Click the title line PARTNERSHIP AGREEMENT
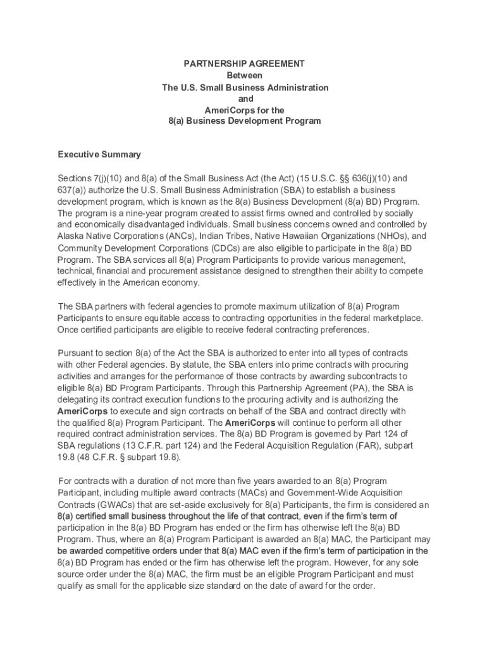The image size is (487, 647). pyautogui.click(x=244, y=64)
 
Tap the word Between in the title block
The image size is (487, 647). pyautogui.click(x=244, y=75)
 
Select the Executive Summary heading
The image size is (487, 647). pyautogui.click(x=99, y=155)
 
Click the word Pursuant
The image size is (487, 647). pyautogui.click(x=76, y=353)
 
